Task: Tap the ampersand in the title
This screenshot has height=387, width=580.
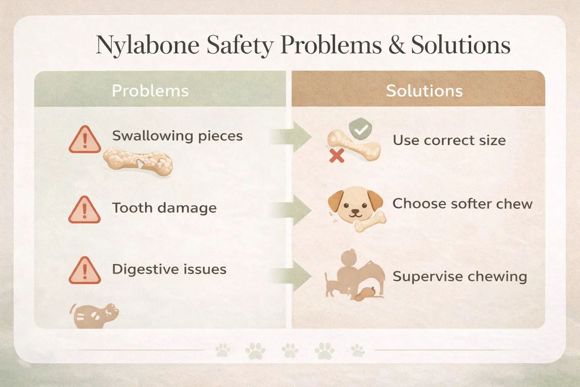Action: click(x=396, y=45)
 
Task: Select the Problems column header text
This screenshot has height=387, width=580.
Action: click(x=150, y=91)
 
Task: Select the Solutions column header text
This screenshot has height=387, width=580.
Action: click(x=424, y=91)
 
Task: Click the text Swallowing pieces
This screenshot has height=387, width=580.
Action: click(x=177, y=136)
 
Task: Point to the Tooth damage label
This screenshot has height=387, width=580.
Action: click(x=164, y=208)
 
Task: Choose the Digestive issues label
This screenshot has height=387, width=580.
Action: click(x=169, y=269)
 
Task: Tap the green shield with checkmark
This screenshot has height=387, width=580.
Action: click(x=360, y=130)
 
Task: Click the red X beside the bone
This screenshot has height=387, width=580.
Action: click(x=336, y=155)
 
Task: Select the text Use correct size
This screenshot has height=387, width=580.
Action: click(x=449, y=141)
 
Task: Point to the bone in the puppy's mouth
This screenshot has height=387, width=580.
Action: click(x=370, y=222)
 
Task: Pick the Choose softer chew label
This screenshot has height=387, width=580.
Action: click(x=462, y=204)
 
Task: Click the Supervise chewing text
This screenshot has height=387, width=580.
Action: click(x=460, y=276)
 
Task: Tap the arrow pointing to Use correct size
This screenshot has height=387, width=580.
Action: click(x=298, y=137)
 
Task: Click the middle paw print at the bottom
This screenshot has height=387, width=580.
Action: click(x=290, y=350)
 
